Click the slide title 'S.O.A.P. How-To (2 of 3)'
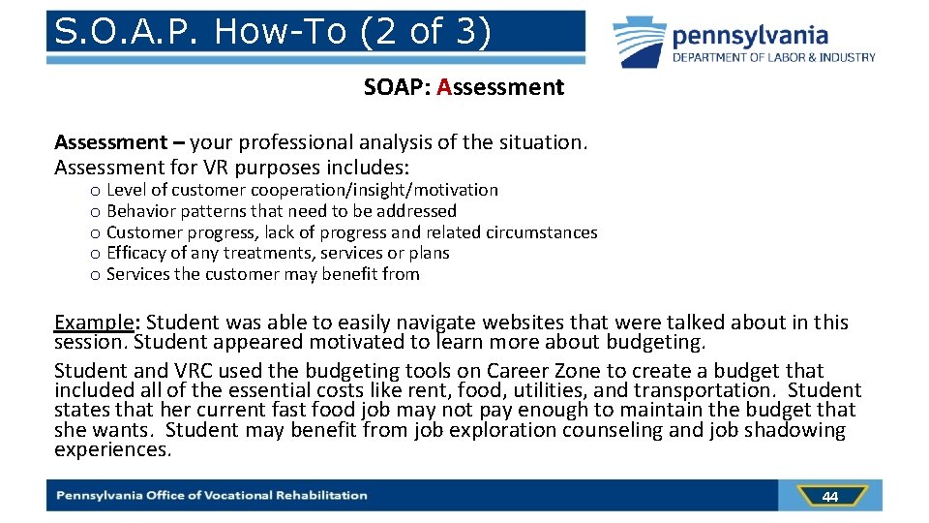(273, 32)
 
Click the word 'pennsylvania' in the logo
(750, 37)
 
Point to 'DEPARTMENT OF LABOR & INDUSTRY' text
(774, 57)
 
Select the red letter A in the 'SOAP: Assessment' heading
(444, 87)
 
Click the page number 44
(829, 497)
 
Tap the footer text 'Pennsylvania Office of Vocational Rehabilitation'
(212, 496)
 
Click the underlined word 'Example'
(95, 323)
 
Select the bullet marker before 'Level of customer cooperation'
(95, 191)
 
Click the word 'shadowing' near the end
(801, 430)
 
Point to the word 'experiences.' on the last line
(112, 449)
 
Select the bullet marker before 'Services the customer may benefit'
(95, 275)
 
